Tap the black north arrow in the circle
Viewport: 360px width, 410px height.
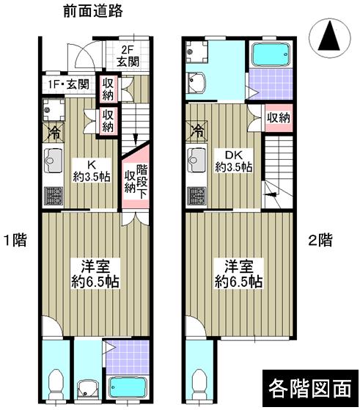(x=329, y=36)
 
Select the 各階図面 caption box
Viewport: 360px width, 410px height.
(x=309, y=386)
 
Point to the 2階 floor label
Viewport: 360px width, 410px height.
(x=319, y=239)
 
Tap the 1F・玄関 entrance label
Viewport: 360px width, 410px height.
(x=68, y=85)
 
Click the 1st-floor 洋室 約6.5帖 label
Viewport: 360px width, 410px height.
(x=93, y=274)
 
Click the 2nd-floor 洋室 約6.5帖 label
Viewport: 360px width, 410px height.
(x=235, y=274)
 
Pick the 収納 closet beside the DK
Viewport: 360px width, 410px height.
(x=277, y=117)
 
